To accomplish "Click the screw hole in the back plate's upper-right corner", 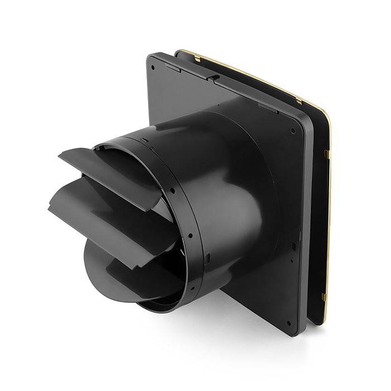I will (x=293, y=132).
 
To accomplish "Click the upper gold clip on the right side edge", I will (x=326, y=152).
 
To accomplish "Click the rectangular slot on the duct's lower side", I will (x=207, y=258).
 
